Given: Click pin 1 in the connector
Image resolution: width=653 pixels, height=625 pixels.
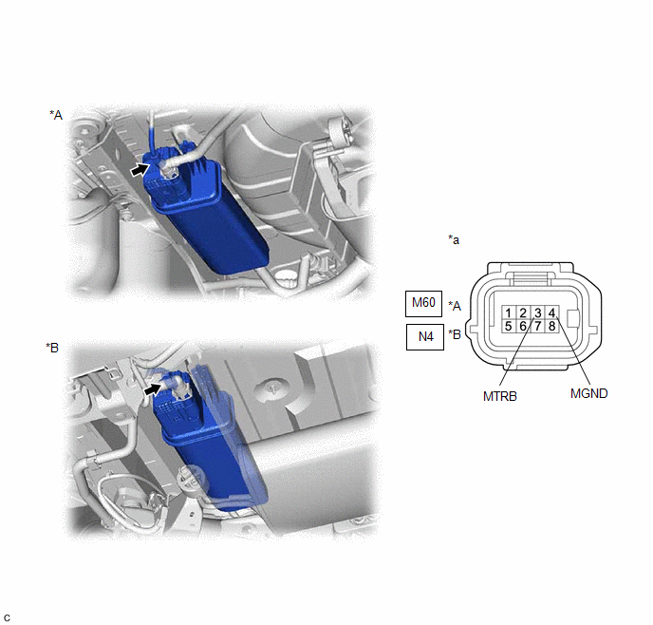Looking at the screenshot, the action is point(508,312).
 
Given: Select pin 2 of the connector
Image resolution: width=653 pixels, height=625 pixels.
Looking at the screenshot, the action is point(523,312).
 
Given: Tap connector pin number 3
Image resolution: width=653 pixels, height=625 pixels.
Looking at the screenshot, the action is point(537,312).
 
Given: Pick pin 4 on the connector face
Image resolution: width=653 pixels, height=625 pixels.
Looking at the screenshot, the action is point(551,312).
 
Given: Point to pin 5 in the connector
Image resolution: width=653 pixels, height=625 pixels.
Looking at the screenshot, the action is point(508,326).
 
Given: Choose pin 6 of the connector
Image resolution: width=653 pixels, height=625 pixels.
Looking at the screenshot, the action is point(523,326).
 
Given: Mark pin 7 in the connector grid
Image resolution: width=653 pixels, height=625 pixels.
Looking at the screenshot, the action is point(537,326).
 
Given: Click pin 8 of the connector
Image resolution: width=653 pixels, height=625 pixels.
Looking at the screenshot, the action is point(551,326).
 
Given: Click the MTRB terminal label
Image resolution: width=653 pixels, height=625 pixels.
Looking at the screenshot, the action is point(500,396).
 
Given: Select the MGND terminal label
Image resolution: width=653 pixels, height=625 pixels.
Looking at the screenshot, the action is point(588,393).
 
